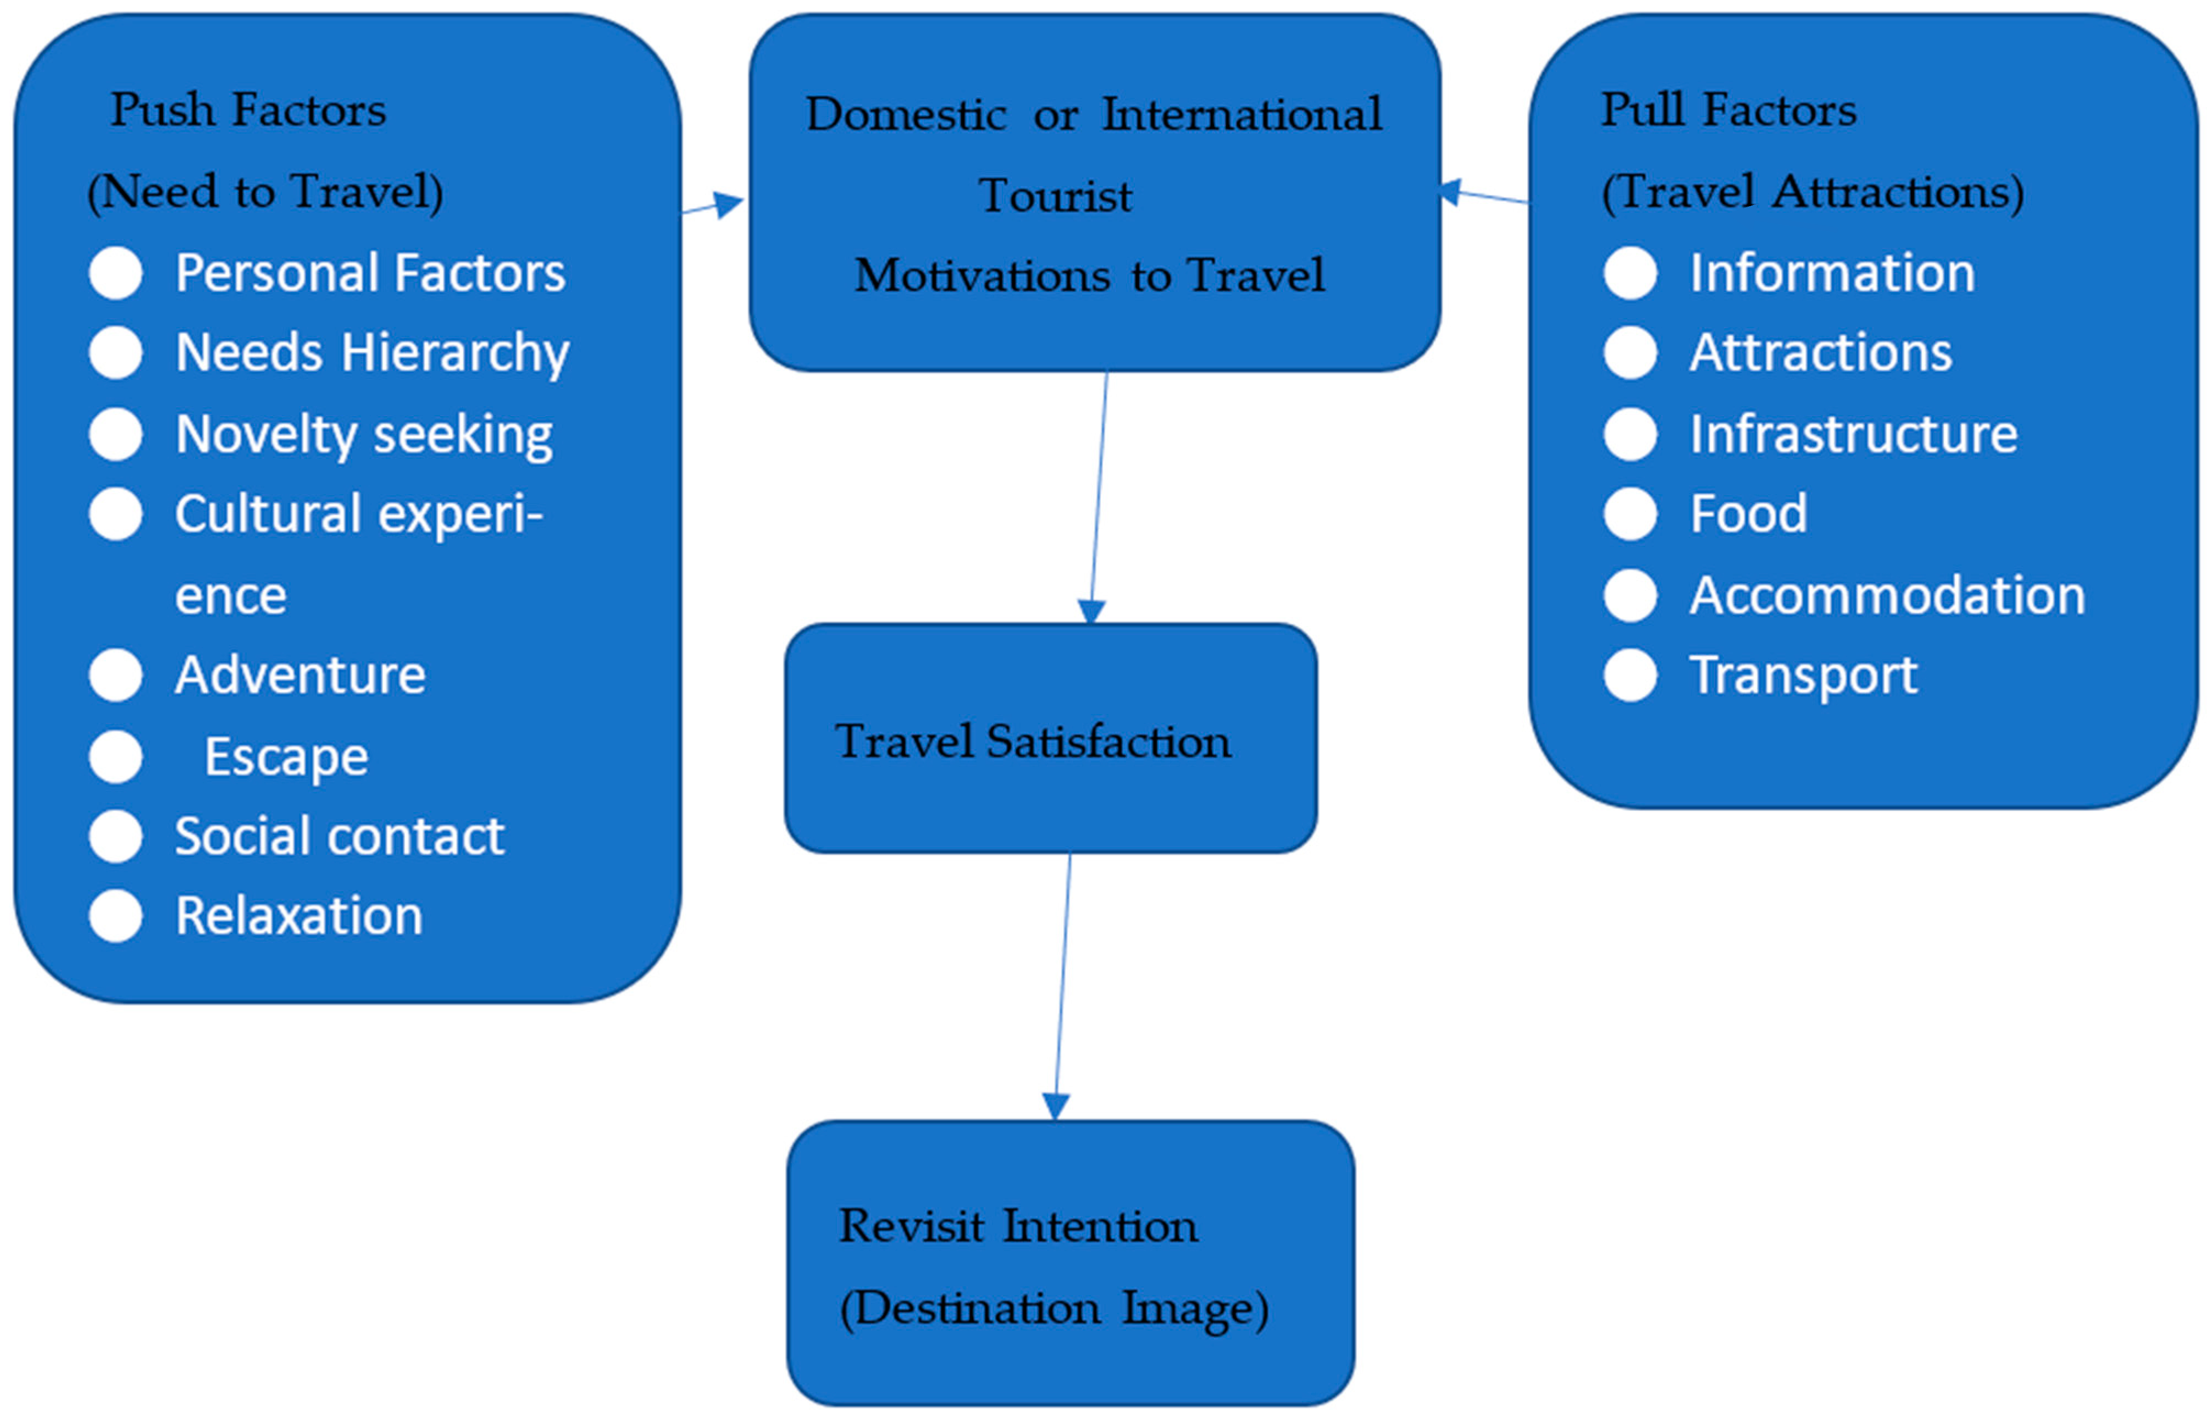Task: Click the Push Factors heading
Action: [x=248, y=110]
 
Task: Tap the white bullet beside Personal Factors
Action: [x=116, y=273]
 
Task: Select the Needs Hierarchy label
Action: [x=371, y=353]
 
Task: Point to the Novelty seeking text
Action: [x=363, y=434]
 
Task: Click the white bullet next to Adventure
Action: [x=116, y=676]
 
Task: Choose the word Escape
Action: [x=286, y=757]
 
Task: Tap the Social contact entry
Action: [x=339, y=837]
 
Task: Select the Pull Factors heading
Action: [x=1728, y=110]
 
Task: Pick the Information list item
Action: [x=1832, y=273]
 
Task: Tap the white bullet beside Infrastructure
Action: [x=1630, y=434]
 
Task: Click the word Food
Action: [x=1748, y=514]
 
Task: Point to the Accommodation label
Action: [x=1887, y=596]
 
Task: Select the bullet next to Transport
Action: [x=1630, y=676]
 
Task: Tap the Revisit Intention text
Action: [x=1018, y=1226]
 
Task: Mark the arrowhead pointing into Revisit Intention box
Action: [x=1055, y=1106]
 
